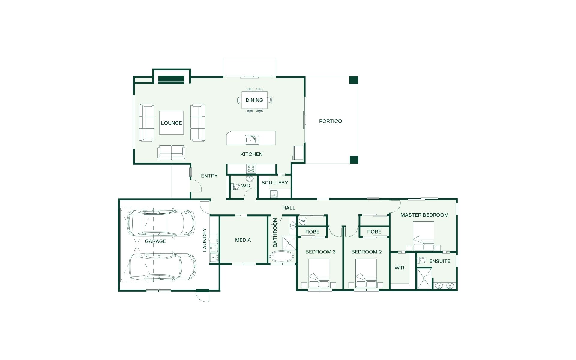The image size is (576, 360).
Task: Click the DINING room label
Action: (x=254, y=100)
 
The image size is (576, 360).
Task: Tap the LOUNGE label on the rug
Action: (x=171, y=123)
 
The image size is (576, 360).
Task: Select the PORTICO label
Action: (x=331, y=121)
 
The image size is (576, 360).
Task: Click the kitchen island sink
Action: (x=252, y=139)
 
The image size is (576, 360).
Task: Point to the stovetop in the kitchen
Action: (x=251, y=169)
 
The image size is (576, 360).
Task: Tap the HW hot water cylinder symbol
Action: (x=303, y=221)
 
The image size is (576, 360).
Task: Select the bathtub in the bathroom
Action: (x=282, y=257)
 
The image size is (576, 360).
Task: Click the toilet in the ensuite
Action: (x=422, y=260)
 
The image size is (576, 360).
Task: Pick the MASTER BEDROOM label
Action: (x=424, y=215)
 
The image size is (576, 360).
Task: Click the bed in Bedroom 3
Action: (x=319, y=273)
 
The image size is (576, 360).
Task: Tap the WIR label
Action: (x=399, y=268)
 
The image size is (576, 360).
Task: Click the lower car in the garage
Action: (x=162, y=267)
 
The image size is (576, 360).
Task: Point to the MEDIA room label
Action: (x=243, y=240)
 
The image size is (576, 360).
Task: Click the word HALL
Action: (x=289, y=208)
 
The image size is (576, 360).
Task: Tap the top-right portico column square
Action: (x=354, y=80)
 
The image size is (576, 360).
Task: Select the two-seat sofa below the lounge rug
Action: (x=171, y=152)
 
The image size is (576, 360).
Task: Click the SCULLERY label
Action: (x=274, y=183)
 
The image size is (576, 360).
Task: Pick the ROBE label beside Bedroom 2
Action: (x=374, y=232)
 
